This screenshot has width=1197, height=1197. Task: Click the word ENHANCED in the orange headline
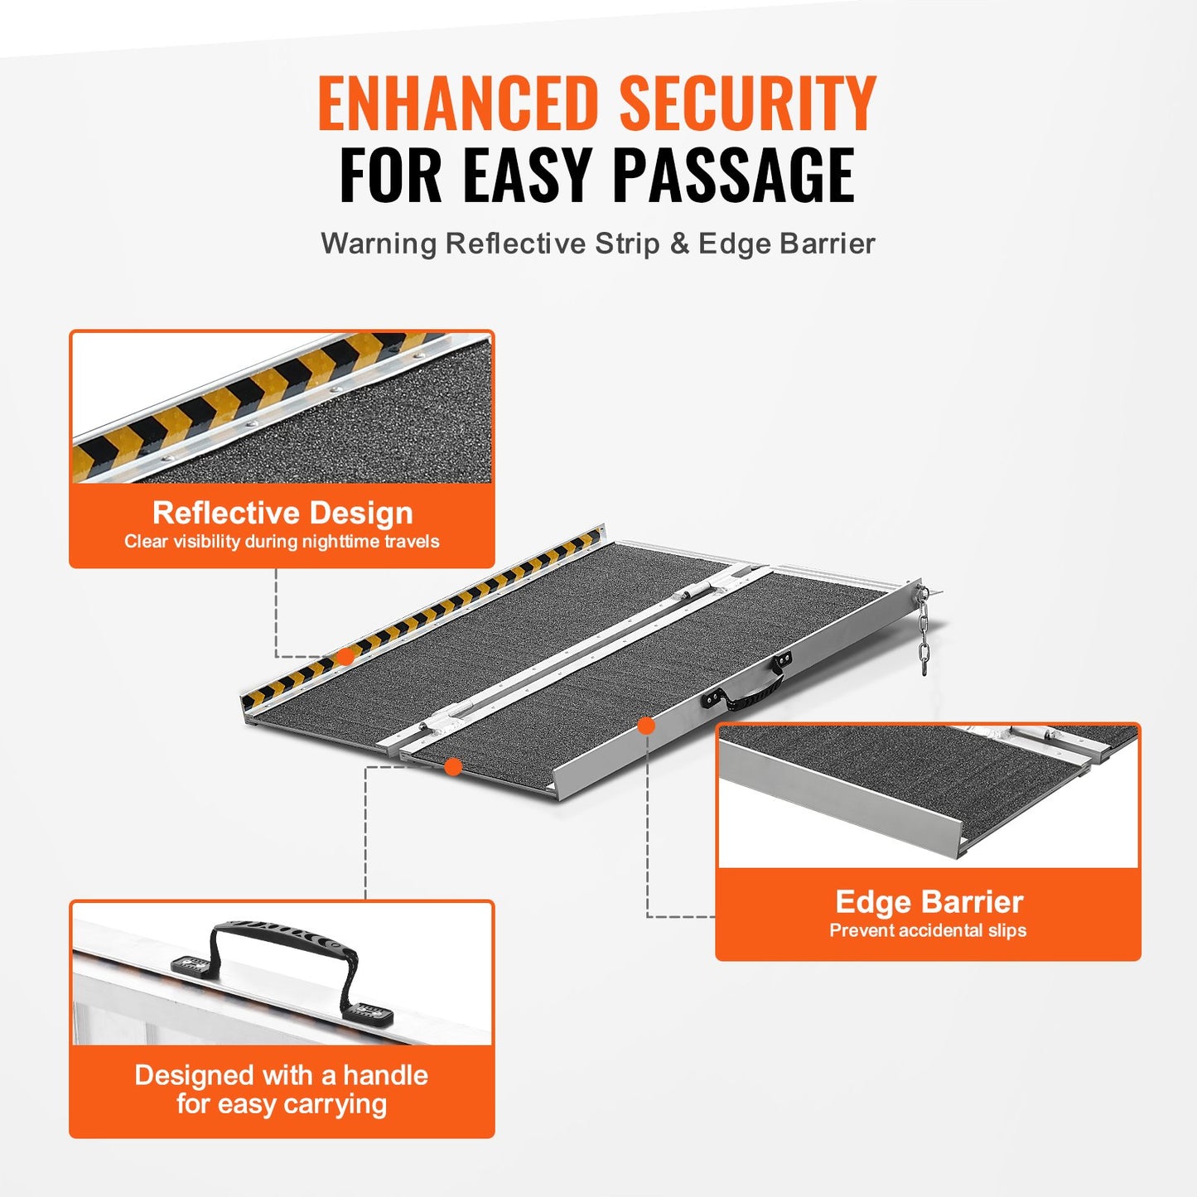pos(457,104)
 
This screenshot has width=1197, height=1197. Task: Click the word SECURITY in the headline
pos(747,104)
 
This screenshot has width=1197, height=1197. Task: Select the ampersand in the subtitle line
pos(679,244)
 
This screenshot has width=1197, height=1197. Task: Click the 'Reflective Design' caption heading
pos(282,513)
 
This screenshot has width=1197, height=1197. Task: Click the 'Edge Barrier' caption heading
pos(929,901)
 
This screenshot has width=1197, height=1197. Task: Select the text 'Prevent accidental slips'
pos(928,930)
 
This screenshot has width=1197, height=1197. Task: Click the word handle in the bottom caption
pos(385,1075)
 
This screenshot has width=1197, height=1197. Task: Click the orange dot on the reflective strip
pos(345,656)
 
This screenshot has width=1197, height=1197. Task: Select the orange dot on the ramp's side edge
pos(646,726)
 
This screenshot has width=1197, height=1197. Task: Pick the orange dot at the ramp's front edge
pos(452,766)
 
